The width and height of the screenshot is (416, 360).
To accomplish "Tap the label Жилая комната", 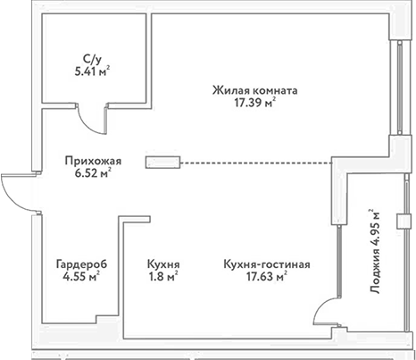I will click(255, 90).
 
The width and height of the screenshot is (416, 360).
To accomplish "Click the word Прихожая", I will click(92, 161).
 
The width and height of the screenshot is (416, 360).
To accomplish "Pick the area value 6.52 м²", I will click(92, 174).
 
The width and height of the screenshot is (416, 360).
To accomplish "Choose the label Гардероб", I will click(79, 264).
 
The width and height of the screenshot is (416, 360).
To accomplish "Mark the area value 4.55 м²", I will click(79, 278).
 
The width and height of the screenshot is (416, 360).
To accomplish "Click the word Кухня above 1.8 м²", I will click(164, 264).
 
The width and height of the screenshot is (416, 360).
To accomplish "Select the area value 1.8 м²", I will click(164, 278).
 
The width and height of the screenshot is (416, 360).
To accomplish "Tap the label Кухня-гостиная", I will click(267, 264).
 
